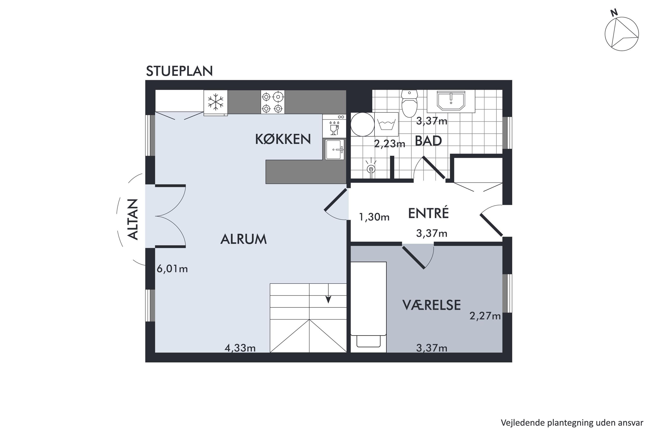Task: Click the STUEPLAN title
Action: pos(179,71)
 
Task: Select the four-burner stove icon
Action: pos(273,102)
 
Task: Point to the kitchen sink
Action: pos(335,149)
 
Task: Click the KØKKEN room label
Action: pos(283,139)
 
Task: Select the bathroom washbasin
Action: pos(451,101)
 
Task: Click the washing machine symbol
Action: pos(386,124)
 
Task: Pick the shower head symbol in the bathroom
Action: pos(371,168)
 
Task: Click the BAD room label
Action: pos(428,141)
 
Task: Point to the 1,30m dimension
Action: pos(374,217)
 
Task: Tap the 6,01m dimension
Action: pos(172,269)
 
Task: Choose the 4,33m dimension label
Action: pos(240,348)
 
